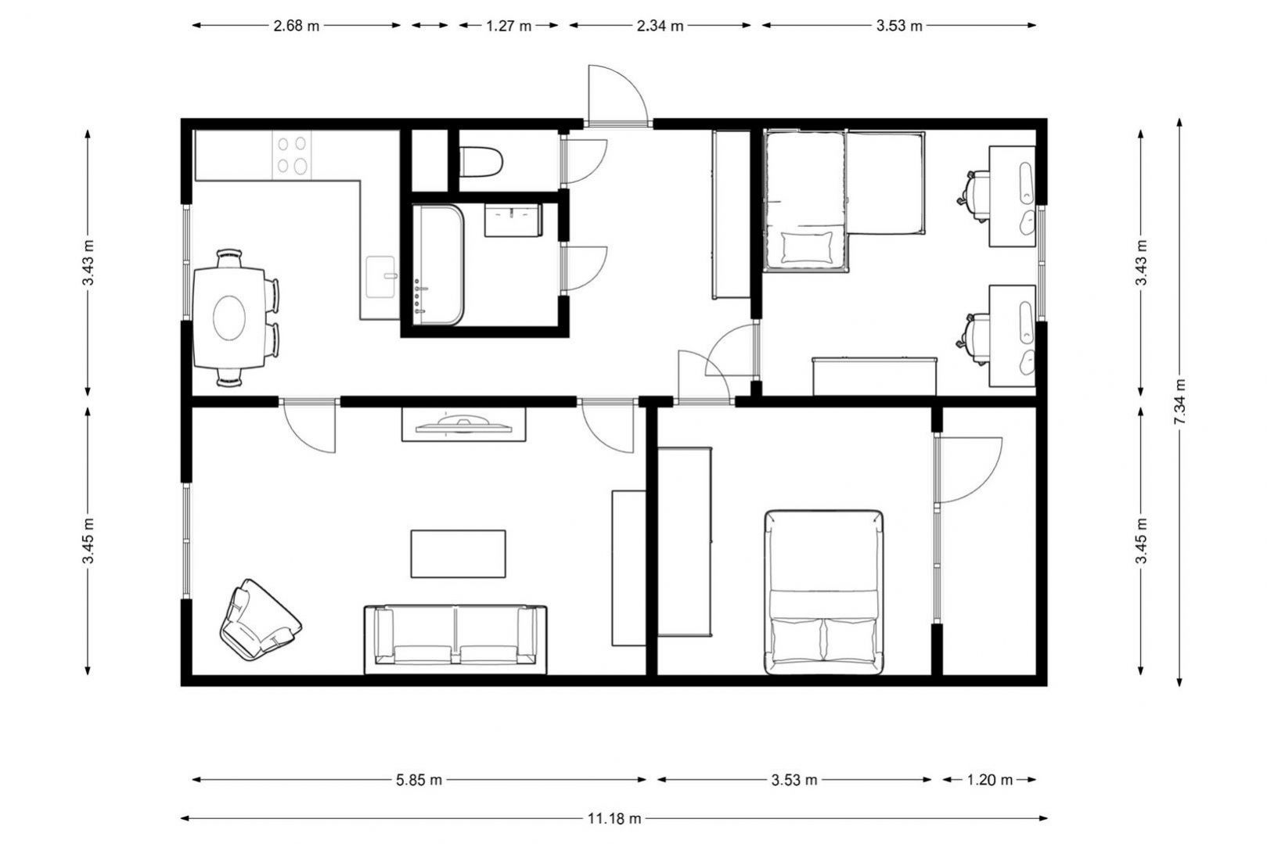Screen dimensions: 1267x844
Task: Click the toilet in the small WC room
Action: [481, 162]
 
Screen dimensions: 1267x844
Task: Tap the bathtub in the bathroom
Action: [438, 265]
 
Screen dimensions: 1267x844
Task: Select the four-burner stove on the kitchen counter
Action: [292, 155]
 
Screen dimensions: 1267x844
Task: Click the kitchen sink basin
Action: [380, 277]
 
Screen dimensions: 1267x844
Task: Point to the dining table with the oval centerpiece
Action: [229, 318]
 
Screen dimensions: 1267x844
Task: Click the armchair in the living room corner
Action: [260, 620]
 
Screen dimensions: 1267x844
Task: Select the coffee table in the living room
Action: [458, 554]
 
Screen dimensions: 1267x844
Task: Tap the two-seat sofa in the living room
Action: [455, 639]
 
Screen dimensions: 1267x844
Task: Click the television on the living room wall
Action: [464, 424]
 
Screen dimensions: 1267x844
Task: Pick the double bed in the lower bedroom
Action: [823, 592]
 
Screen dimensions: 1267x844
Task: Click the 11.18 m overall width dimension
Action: [614, 818]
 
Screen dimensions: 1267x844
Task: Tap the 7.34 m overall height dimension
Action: [1179, 402]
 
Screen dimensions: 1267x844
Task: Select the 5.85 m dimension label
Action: [419, 780]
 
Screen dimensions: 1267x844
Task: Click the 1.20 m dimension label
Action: [989, 780]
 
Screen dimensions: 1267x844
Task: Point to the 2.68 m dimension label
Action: [297, 26]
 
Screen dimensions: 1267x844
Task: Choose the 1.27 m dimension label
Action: [509, 26]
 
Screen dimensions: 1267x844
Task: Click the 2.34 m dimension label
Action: [660, 26]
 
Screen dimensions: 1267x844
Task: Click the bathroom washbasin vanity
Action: [513, 221]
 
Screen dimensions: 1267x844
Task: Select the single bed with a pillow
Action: [806, 202]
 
